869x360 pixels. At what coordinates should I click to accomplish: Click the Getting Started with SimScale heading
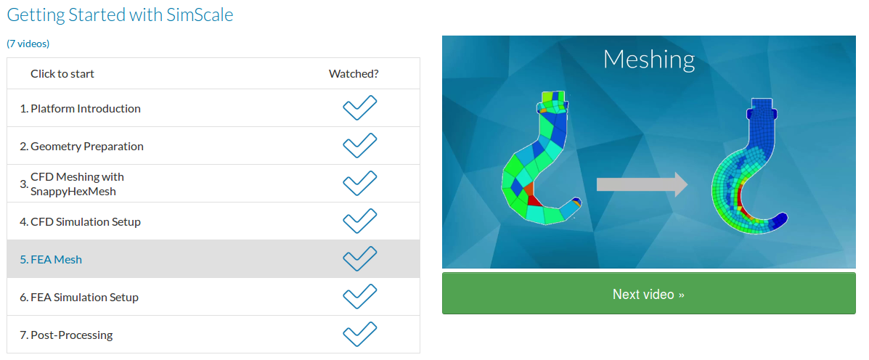[x=120, y=15]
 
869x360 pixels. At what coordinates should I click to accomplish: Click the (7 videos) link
[x=28, y=44]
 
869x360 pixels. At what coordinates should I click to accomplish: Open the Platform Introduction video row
[x=86, y=109]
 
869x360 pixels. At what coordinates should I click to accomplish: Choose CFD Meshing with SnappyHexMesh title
[x=77, y=184]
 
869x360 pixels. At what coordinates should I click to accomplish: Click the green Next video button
[x=648, y=293]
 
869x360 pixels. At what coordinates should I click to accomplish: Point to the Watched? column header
[x=354, y=73]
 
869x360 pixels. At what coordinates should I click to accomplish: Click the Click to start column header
[x=62, y=73]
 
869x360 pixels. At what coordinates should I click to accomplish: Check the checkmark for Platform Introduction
[x=359, y=108]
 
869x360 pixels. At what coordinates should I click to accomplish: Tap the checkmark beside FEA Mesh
[x=359, y=258]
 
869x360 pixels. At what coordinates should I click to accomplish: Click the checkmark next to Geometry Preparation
[x=359, y=146]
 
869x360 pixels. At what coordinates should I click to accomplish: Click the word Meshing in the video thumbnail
[x=648, y=60]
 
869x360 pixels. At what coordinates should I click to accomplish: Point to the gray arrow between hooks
[x=642, y=184]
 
